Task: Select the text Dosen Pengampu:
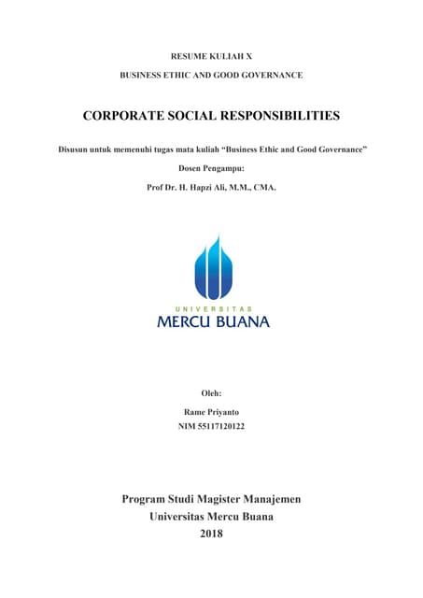tap(211, 168)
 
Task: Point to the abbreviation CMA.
tap(264, 187)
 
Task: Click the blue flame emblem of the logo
tap(212, 268)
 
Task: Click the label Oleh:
tap(211, 393)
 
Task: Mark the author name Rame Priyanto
tap(211, 411)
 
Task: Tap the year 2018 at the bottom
tap(212, 534)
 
